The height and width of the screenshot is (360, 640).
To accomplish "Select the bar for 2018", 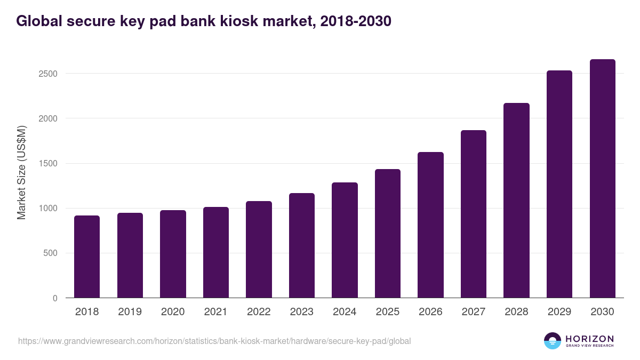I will (87, 257).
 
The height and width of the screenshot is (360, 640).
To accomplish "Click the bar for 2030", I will (602, 179).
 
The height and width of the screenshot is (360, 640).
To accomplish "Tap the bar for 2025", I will (387, 234).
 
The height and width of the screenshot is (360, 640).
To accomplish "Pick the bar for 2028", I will (516, 201).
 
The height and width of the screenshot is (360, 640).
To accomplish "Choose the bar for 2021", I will (215, 252).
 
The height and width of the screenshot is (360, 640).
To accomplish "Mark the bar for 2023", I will (301, 245).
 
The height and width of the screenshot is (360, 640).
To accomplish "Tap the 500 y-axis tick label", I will (50, 253).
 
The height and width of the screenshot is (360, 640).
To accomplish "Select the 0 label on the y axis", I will (55, 298).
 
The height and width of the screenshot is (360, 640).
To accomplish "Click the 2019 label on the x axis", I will (130, 312).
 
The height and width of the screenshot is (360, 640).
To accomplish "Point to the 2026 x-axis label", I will (430, 312).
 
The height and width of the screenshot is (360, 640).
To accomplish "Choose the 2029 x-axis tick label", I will (559, 312).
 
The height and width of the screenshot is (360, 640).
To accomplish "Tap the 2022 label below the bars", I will (259, 312).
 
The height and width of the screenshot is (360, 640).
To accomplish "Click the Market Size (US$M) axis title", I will (21, 172).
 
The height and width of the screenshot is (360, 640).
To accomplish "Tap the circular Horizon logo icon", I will (553, 341).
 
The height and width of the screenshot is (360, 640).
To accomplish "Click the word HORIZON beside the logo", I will (589, 338).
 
